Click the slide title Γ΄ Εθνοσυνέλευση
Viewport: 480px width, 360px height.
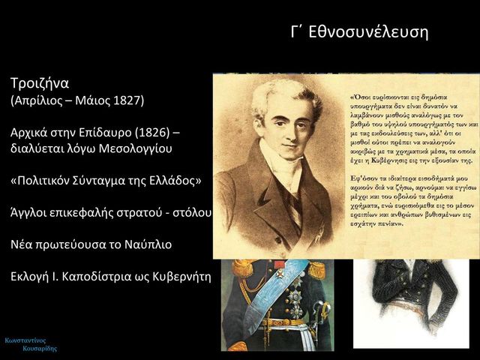click(x=359, y=32)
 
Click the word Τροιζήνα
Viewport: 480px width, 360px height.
click(x=40, y=82)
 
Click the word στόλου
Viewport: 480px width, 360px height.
click(x=192, y=214)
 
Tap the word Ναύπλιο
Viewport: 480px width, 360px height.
click(x=149, y=245)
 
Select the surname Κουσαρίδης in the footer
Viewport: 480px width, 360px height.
click(x=40, y=349)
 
